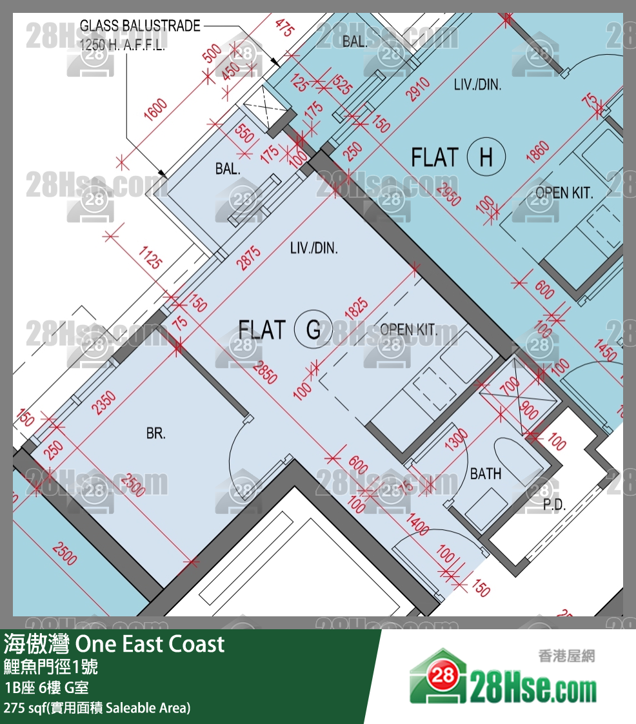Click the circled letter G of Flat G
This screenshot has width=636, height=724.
click(313, 329)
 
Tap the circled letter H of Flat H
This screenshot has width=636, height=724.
click(486, 157)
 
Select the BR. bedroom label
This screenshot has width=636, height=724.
click(155, 434)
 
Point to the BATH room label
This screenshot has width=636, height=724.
click(485, 474)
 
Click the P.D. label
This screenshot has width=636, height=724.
click(553, 506)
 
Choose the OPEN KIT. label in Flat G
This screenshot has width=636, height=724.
click(408, 330)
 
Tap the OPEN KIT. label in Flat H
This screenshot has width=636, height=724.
click(564, 192)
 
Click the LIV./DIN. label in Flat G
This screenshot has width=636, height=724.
click(313, 248)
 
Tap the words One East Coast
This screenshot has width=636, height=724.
click(150, 644)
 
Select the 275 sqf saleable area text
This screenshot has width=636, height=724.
click(97, 708)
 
